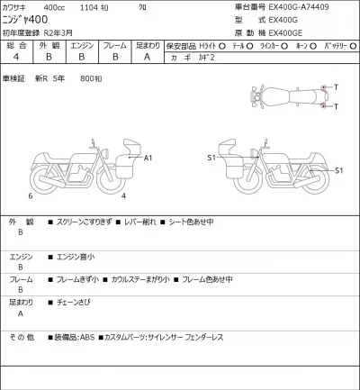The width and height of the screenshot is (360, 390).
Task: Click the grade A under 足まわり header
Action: pyautogui.click(x=148, y=57)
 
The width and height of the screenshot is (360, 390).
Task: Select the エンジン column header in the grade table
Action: pyautogui.click(x=82, y=44)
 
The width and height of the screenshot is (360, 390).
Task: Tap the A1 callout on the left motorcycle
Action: pyautogui.click(x=148, y=158)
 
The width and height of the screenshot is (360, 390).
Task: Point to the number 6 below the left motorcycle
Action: pyautogui.click(x=30, y=195)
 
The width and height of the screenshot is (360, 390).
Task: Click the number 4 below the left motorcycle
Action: pyautogui.click(x=123, y=195)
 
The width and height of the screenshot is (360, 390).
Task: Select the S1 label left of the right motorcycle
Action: pyautogui.click(x=211, y=158)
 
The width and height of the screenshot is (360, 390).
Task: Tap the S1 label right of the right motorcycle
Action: pyautogui.click(x=338, y=170)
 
